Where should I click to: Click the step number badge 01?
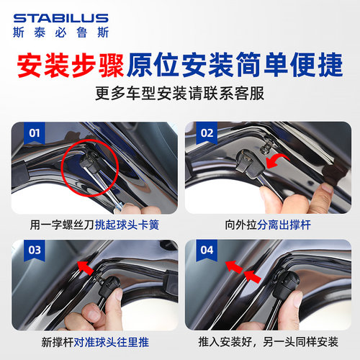tap(32, 132)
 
